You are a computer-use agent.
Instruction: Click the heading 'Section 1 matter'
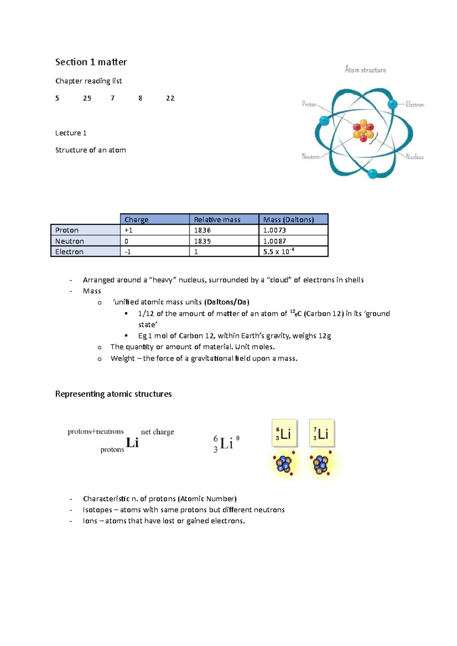[91, 62]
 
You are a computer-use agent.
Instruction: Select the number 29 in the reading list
[87, 98]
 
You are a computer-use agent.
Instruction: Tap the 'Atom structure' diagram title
[365, 70]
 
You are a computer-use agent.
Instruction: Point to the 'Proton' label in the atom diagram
[309, 104]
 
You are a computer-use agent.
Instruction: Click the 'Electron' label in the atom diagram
[415, 104]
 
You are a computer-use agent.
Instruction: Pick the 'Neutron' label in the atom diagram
[311, 156]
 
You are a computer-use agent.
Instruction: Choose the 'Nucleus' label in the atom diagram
[415, 157]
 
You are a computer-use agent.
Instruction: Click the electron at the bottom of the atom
[372, 173]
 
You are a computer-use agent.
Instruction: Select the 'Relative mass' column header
[217, 220]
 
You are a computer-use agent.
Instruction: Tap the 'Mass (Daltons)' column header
[289, 220]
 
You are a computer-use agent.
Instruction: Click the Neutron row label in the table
[70, 241]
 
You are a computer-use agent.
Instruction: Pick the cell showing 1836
[202, 230]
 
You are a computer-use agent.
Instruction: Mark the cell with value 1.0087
[275, 241]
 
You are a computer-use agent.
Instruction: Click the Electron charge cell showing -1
[128, 251]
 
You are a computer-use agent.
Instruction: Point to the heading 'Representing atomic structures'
[113, 394]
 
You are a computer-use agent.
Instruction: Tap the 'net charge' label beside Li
[157, 432]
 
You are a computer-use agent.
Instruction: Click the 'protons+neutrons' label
[96, 431]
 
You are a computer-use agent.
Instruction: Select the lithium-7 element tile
[322, 433]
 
